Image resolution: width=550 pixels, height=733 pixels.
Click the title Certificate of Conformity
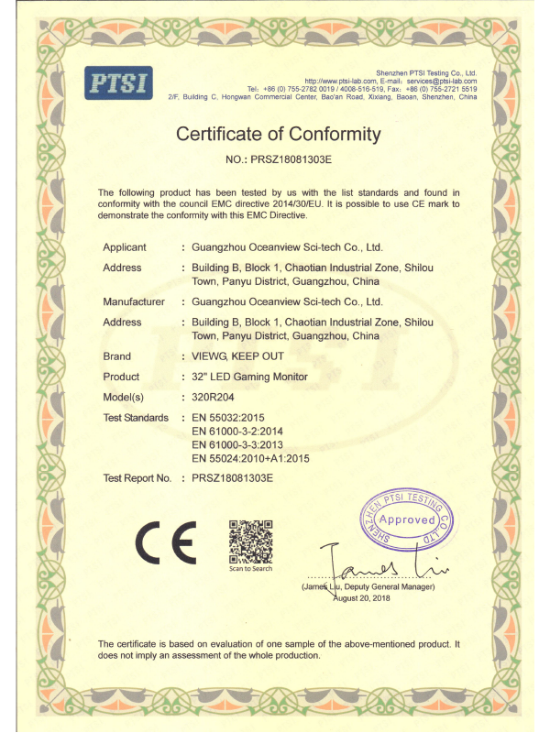[278, 135]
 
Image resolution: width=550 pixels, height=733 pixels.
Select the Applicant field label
[124, 247]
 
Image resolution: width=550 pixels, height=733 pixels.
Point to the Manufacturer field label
[134, 301]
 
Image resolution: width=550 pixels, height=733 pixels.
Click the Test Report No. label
[137, 478]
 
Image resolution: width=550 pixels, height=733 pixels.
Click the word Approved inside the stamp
[408, 520]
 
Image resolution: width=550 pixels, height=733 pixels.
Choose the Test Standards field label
[136, 418]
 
